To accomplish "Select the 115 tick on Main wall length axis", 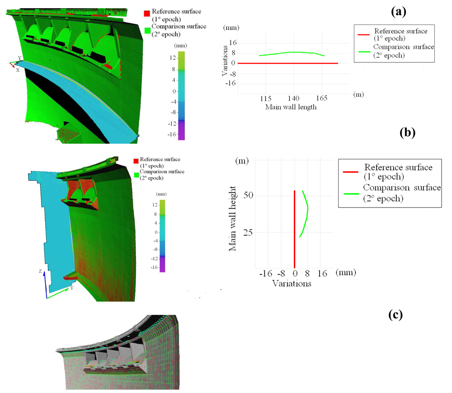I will click(x=266, y=98).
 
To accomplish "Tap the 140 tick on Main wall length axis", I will click(x=294, y=98).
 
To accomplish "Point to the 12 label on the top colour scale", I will click(x=173, y=58).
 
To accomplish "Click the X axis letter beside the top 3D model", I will click(x=18, y=70).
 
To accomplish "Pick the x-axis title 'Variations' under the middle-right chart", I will click(x=291, y=284).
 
